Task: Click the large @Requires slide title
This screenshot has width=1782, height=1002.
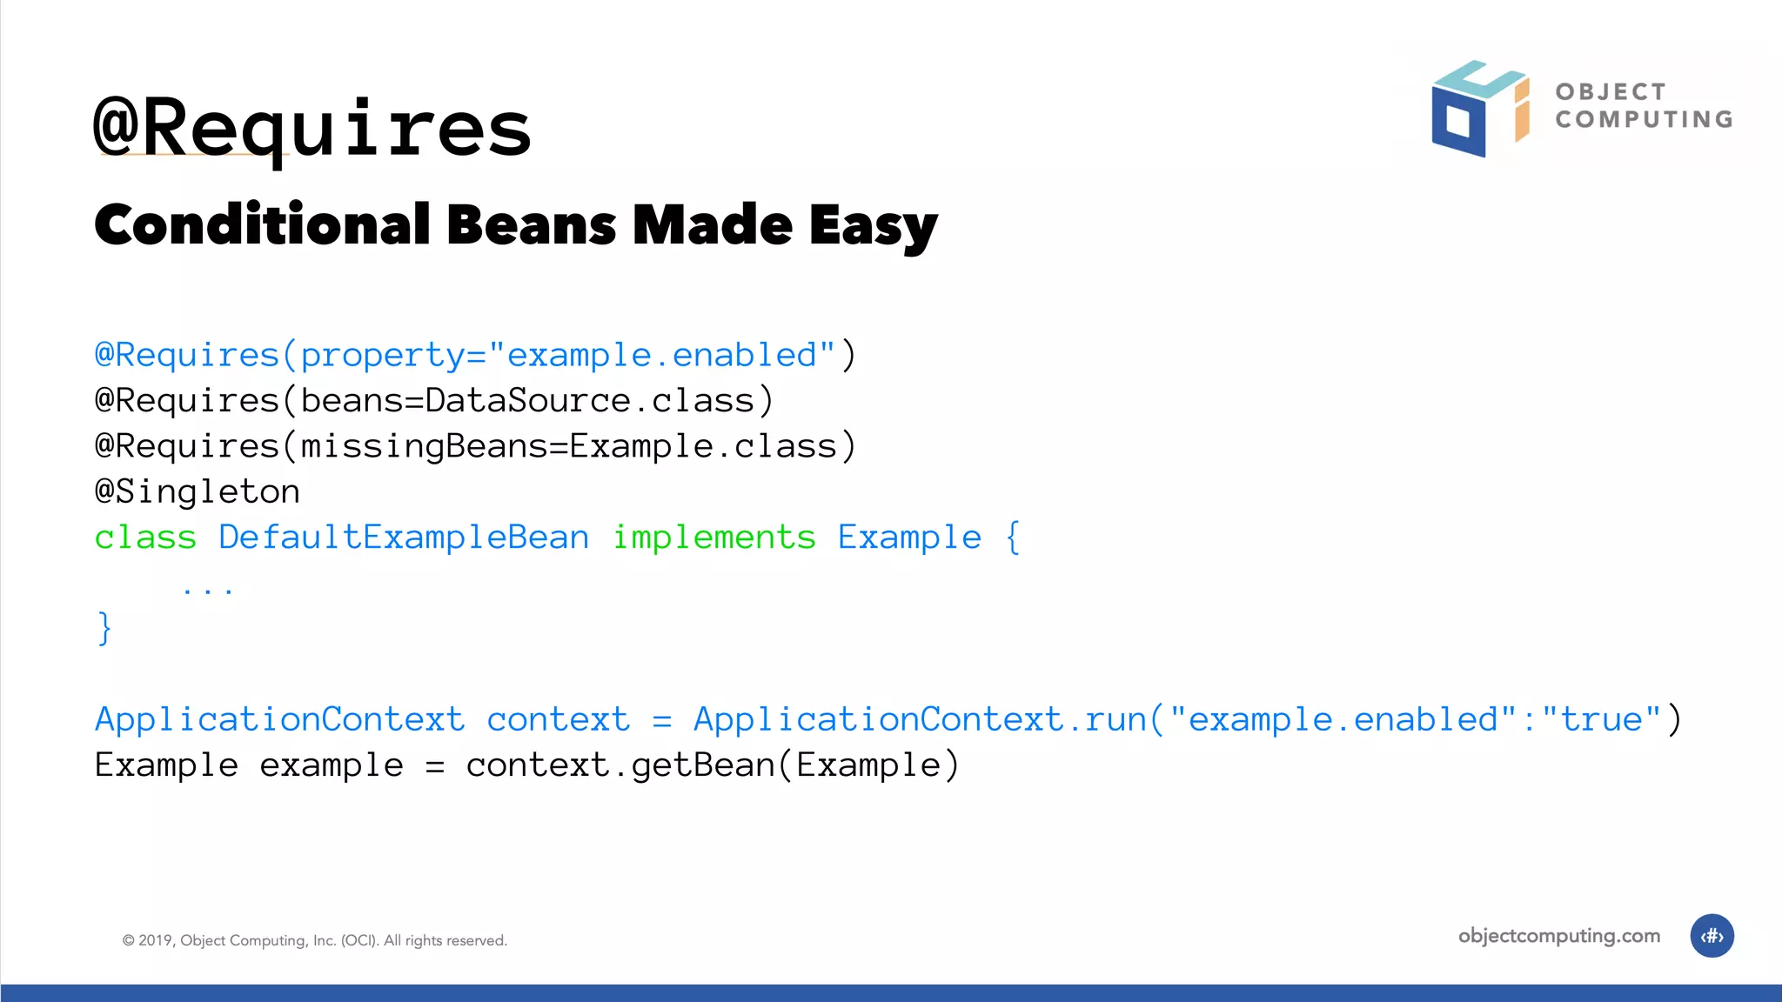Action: click(x=312, y=129)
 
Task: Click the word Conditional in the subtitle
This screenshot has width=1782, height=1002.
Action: click(x=262, y=224)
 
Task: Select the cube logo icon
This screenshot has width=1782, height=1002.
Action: click(x=1479, y=109)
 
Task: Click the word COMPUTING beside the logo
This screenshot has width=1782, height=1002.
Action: click(x=1644, y=119)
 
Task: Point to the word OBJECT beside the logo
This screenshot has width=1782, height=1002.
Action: click(x=1611, y=91)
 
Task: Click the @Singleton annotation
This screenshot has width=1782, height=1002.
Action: click(x=198, y=491)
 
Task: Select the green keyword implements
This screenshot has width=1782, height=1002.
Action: click(x=714, y=538)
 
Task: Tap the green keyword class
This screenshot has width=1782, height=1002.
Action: click(x=145, y=538)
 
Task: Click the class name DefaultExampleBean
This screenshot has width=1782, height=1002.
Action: click(x=404, y=538)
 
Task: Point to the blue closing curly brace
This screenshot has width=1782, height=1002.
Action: click(x=104, y=628)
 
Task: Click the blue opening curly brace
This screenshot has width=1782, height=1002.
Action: click(x=1013, y=538)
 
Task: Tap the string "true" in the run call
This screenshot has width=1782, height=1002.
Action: click(x=1601, y=719)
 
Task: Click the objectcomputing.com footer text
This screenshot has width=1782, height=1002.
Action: click(x=1558, y=936)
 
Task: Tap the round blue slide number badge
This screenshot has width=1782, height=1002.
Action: click(x=1712, y=936)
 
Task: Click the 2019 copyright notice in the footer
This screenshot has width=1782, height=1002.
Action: click(x=314, y=940)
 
